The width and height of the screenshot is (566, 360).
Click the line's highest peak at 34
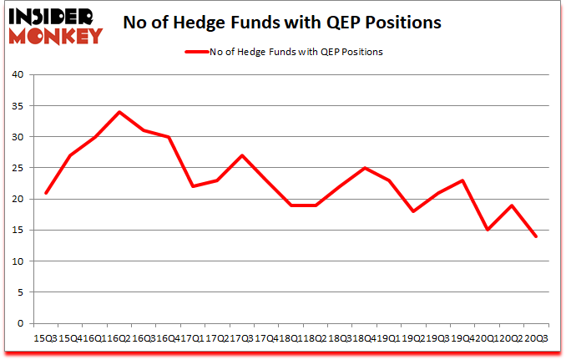119,112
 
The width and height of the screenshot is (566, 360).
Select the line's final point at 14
535,236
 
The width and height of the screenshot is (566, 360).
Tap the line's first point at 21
45,193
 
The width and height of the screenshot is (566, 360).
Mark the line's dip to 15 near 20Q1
487,230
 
